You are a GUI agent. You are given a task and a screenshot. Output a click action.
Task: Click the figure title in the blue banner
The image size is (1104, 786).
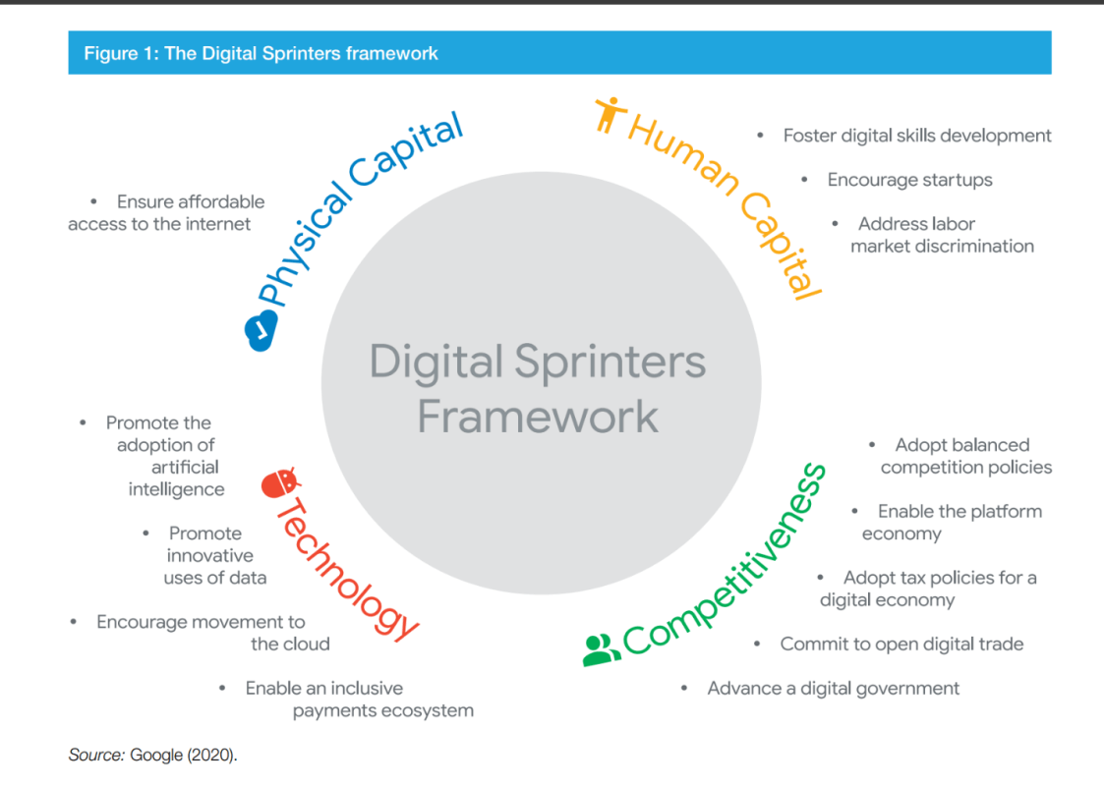[261, 53]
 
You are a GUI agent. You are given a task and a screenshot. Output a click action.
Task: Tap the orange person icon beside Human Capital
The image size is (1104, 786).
[610, 114]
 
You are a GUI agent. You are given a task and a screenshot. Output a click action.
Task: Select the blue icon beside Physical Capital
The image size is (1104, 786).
[261, 330]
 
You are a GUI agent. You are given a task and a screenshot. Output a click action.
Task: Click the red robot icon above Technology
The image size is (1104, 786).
[280, 483]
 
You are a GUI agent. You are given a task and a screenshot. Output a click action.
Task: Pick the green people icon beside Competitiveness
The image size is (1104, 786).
[602, 650]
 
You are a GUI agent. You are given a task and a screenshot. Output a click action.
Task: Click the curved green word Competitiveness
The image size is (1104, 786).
[726, 563]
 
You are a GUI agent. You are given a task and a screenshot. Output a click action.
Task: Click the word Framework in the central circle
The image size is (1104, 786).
[538, 417]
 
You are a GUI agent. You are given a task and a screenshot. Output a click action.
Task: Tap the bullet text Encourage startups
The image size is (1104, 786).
[909, 180]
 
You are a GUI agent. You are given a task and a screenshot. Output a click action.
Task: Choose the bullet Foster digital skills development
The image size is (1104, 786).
[917, 136]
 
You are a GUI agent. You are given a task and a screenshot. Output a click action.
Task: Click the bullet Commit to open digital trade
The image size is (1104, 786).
[901, 644]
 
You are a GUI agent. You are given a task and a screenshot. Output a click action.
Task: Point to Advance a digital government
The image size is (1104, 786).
[833, 688]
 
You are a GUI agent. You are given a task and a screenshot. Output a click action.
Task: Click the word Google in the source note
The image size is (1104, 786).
[156, 755]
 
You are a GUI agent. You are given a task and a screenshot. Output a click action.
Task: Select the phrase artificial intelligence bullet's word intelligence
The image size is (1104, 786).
[177, 489]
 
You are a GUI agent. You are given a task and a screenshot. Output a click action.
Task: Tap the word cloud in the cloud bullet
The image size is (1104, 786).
[308, 644]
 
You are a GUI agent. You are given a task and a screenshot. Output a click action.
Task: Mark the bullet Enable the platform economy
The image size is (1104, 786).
[952, 522]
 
